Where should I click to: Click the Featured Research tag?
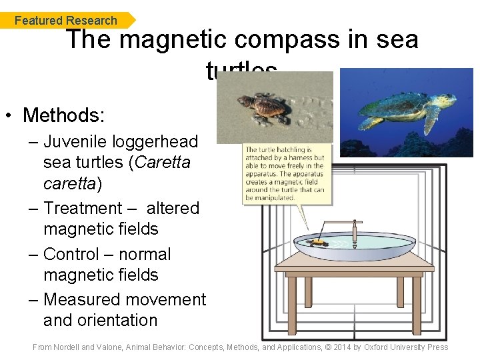(65, 21)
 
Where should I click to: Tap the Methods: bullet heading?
(63, 115)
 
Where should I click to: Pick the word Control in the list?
(73, 254)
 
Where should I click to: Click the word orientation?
(100, 320)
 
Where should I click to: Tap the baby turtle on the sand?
(264, 107)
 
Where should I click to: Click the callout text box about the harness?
(287, 174)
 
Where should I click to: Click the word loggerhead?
(159, 141)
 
